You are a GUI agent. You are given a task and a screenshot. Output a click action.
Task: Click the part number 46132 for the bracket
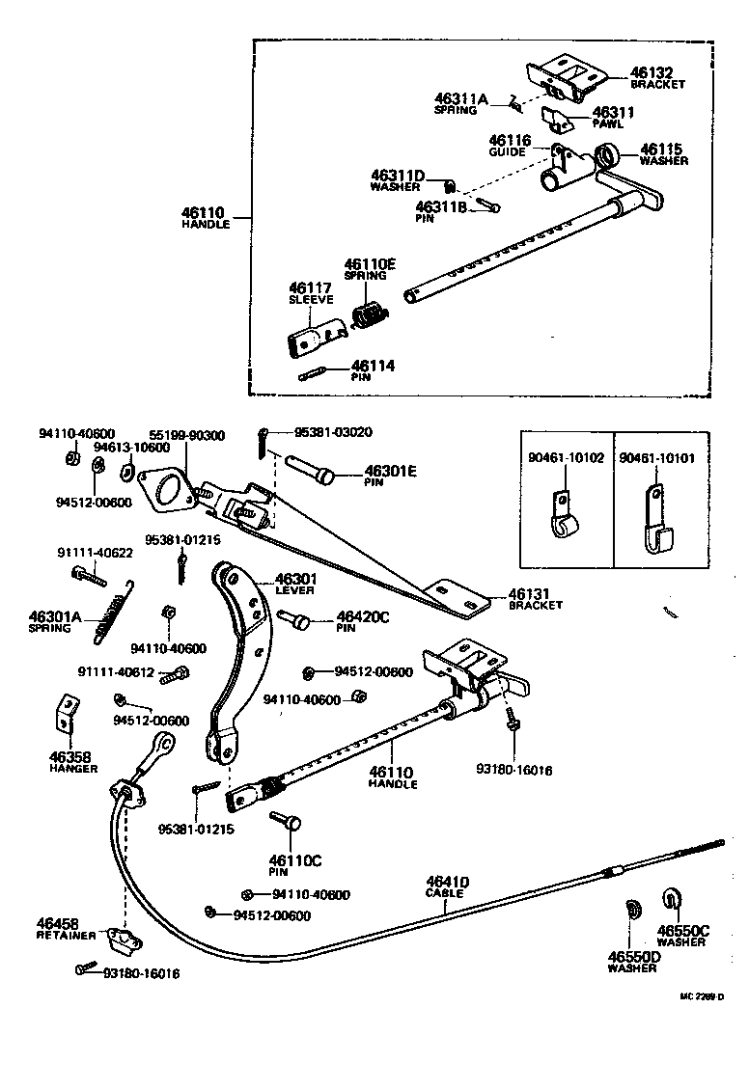point(652,72)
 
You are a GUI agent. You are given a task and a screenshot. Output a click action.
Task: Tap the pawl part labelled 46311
point(558,119)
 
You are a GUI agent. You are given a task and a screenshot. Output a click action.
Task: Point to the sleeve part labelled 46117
point(317,334)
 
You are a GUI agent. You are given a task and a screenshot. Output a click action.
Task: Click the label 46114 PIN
point(373,369)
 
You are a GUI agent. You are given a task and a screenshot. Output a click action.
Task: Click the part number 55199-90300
point(187,436)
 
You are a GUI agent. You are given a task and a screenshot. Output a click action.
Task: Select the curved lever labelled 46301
point(240,653)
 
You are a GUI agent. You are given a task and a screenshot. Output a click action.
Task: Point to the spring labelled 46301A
point(113,612)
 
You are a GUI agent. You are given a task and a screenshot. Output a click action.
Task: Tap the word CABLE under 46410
point(444,893)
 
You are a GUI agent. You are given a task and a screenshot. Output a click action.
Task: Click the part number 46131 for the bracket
point(529,593)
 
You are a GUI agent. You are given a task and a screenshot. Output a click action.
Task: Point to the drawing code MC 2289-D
point(702,996)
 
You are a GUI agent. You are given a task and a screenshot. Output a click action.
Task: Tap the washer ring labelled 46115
point(608,155)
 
